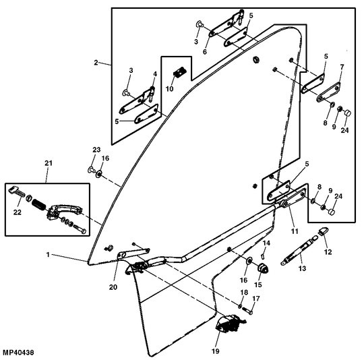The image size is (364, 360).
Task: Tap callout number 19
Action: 216,351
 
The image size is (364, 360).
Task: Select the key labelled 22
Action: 16,192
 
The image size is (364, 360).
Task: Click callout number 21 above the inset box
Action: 49,163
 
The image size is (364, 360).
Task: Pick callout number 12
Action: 328,252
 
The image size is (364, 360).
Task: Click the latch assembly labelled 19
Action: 231,324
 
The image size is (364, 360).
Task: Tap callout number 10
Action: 169,89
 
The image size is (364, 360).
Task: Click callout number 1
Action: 48,255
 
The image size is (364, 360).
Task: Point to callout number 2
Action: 96,63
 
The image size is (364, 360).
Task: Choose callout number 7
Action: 342,67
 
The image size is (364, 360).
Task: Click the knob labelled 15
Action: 264,268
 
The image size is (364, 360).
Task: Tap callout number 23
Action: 96,150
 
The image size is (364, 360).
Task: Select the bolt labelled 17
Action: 247,311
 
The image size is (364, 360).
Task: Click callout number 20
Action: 113,287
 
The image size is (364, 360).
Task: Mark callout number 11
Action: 295,231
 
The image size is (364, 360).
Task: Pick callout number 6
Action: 204,52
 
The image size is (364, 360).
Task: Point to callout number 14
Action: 266,243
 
